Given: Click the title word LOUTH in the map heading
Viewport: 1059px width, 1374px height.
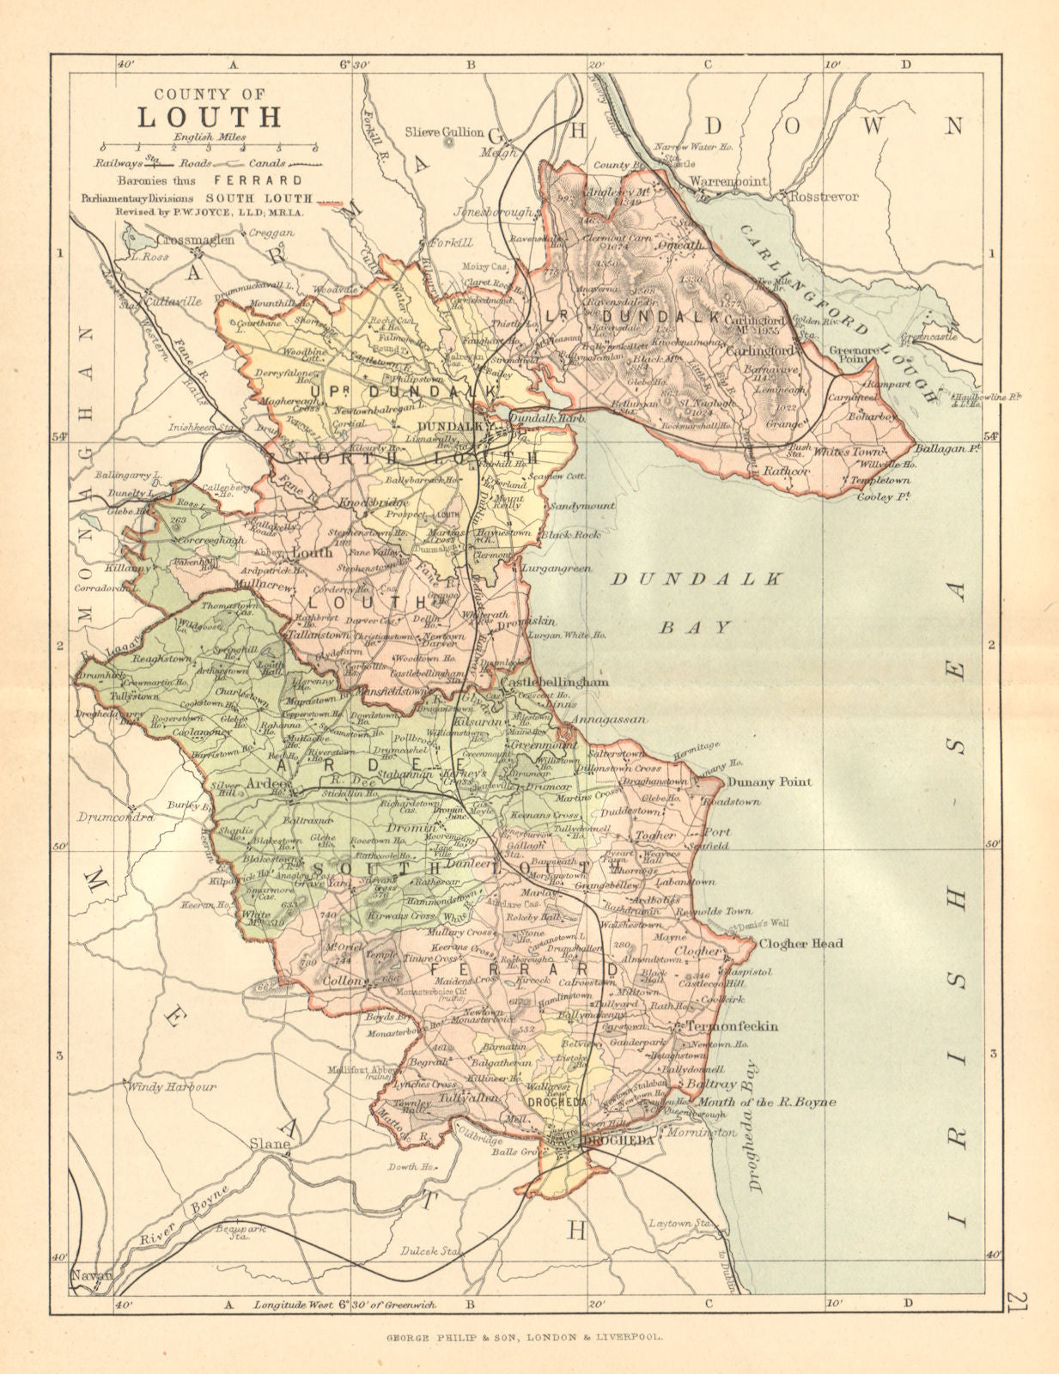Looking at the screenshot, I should click(x=210, y=116).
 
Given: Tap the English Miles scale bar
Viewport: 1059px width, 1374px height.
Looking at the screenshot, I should click(x=209, y=148).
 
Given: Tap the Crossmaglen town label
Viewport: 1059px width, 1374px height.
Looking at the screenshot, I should click(x=196, y=240).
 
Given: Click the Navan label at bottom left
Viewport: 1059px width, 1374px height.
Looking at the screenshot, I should click(x=92, y=1275).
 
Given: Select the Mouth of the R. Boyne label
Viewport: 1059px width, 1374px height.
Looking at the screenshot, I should click(x=767, y=1103).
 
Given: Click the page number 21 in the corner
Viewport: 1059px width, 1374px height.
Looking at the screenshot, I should click(x=1018, y=1303).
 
